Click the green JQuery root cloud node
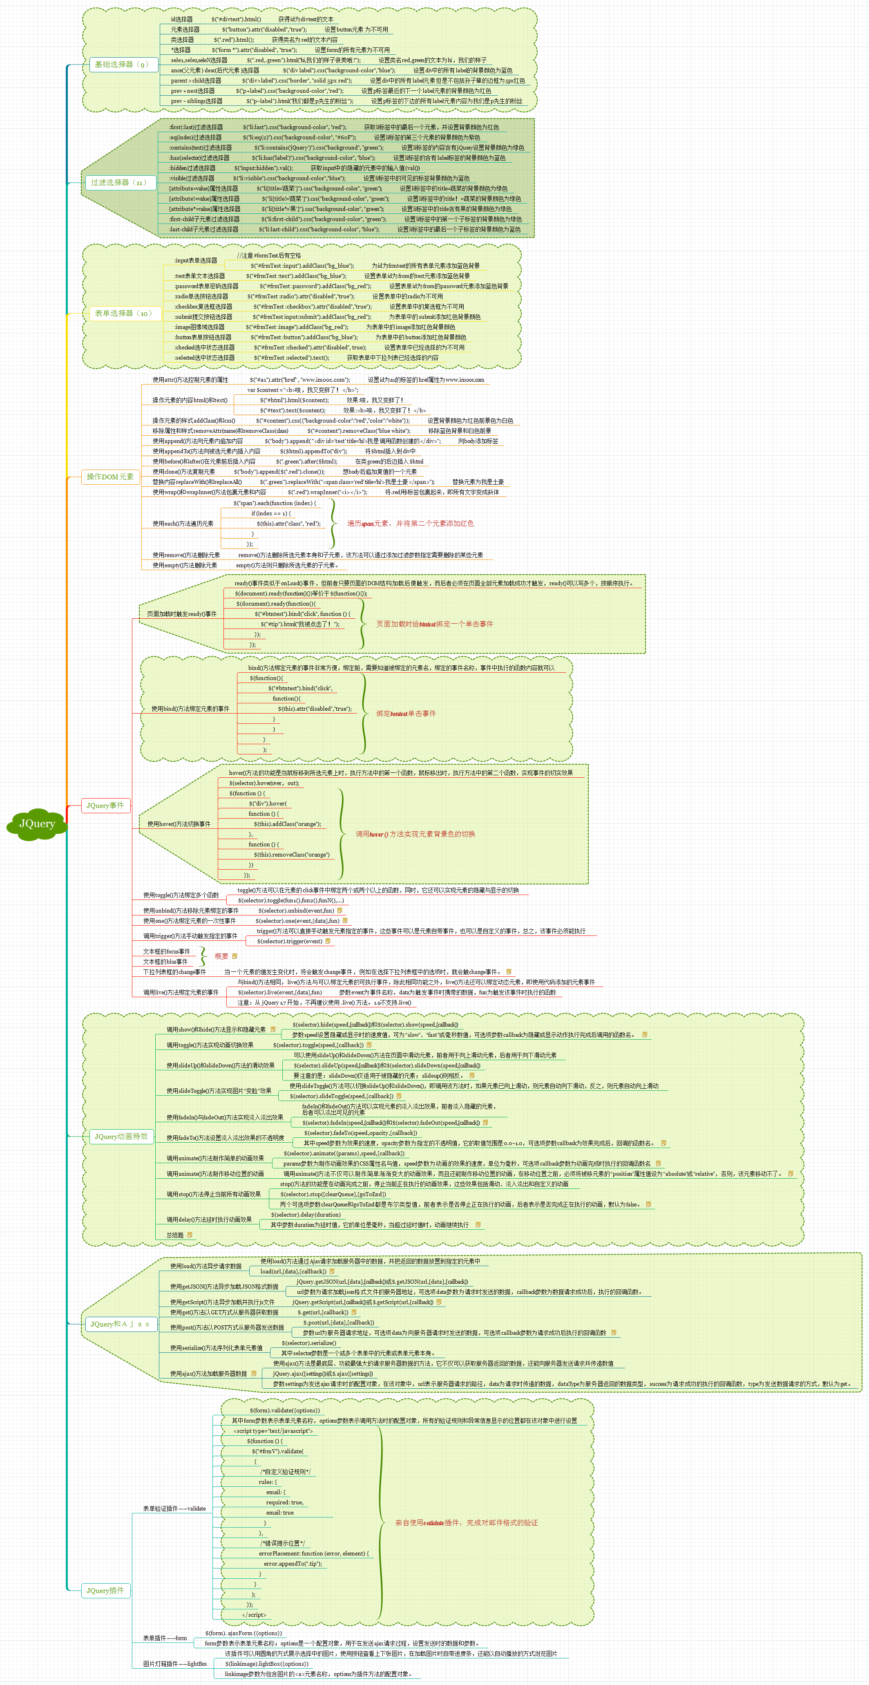coord(37,823)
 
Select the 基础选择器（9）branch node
coord(122,64)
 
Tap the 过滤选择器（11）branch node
coord(119,183)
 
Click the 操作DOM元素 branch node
coord(110,477)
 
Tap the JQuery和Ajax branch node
coord(120,1324)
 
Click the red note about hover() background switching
coord(415,834)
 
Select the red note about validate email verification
coord(466,1523)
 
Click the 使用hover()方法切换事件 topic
coord(179,824)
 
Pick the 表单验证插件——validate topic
coord(174,1508)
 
